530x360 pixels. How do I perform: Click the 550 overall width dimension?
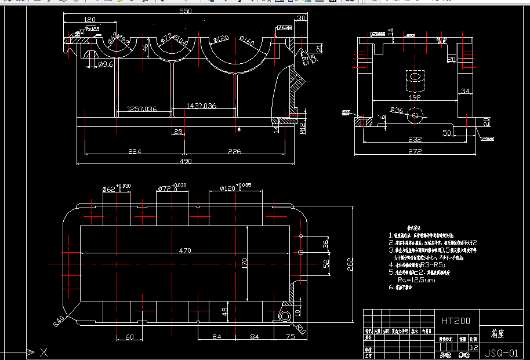pyautogui.click(x=185, y=11)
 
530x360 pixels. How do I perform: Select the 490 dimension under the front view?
pyautogui.click(x=185, y=161)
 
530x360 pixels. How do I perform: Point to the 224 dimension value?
pyautogui.click(x=135, y=151)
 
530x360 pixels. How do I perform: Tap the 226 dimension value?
pyautogui.click(x=234, y=151)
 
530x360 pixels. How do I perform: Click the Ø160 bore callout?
pyautogui.click(x=246, y=42)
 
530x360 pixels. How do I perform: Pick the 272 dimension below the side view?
pyautogui.click(x=414, y=152)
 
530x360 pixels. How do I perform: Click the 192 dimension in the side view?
pyautogui.click(x=413, y=98)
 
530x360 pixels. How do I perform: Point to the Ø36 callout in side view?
pyautogui.click(x=397, y=110)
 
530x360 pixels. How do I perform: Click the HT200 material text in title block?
pyautogui.click(x=456, y=320)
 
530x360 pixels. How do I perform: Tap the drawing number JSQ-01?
pyautogui.click(x=500, y=352)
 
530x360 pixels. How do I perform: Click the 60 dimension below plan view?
pyautogui.click(x=129, y=336)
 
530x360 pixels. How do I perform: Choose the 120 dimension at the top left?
pyautogui.click(x=89, y=19)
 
